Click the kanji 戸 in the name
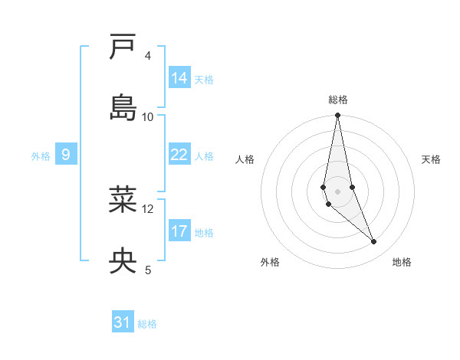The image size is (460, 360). tap(123, 47)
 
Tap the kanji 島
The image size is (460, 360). tap(123, 106)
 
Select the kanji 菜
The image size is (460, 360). tap(123, 199)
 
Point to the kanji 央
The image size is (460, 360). tap(123, 260)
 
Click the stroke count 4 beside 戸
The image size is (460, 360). tap(148, 56)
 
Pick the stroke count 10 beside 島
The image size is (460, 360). tap(148, 116)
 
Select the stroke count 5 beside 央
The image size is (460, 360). tap(148, 270)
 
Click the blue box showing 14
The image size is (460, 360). tap(179, 78)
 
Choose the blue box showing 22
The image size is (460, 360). tap(179, 155)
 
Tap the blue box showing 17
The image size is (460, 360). tap(179, 231)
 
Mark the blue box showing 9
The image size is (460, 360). tap(66, 155)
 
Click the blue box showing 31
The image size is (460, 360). tap(123, 322)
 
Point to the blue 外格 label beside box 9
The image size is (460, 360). tap(41, 156)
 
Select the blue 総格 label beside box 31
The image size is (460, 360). tap(147, 324)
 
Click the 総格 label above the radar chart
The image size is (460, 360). tap(338, 100)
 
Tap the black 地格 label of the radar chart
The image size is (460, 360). tap(402, 263)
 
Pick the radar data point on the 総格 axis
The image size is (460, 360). tap(338, 116)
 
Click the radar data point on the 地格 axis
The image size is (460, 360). tap(374, 242)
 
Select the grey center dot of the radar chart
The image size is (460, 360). tap(338, 191)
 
